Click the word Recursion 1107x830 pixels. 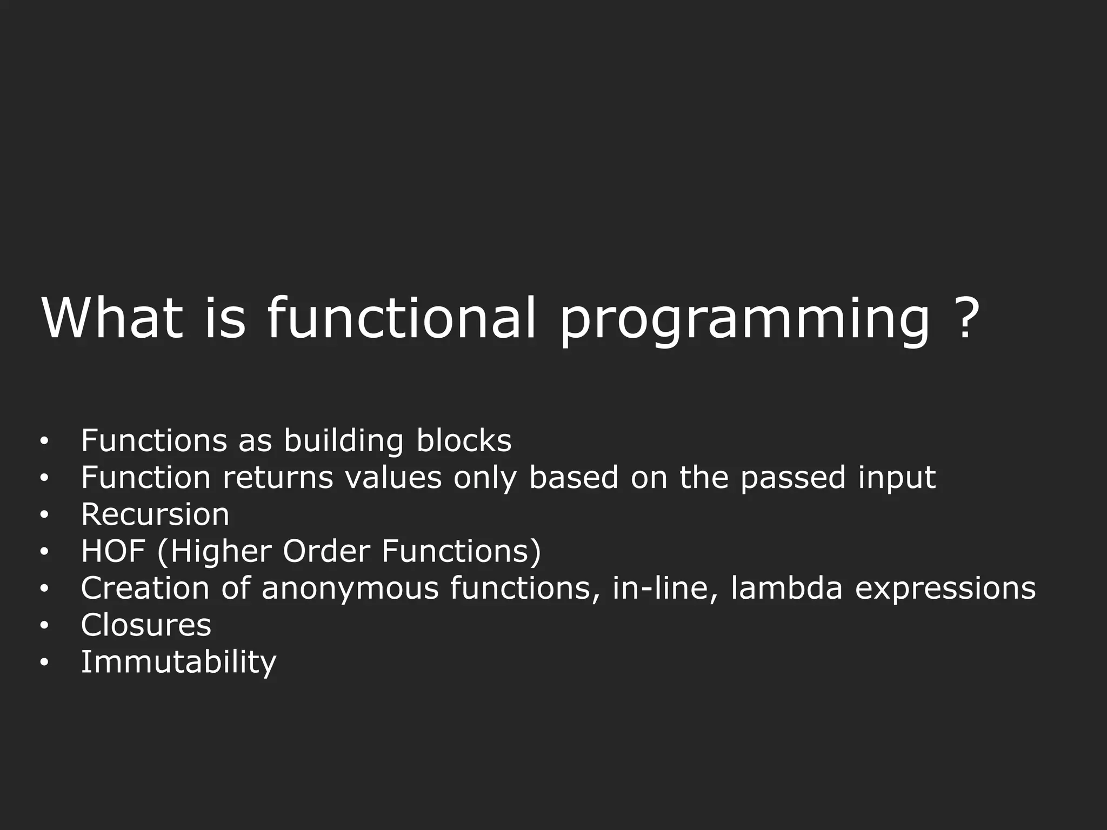pyautogui.click(x=155, y=514)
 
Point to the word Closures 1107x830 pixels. pyautogui.click(x=146, y=625)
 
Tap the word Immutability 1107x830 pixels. pyautogui.click(x=178, y=662)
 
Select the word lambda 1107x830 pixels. pyautogui.click(x=786, y=588)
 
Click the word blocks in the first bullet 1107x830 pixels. pyautogui.click(x=463, y=440)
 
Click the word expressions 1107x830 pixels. pyautogui.click(x=945, y=589)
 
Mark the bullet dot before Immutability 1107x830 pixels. pyautogui.click(x=44, y=662)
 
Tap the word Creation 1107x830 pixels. pyautogui.click(x=145, y=588)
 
